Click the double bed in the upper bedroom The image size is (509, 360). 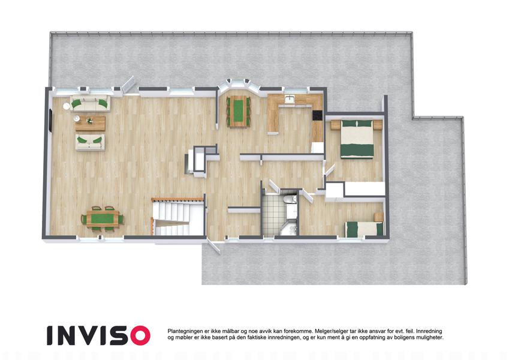tap(357, 139)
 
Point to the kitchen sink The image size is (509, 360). tap(289, 99)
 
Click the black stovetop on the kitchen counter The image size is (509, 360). tap(318, 116)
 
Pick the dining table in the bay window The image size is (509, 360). tap(239, 111)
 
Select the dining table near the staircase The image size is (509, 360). tap(103, 218)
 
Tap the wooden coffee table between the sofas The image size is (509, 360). tap(91, 123)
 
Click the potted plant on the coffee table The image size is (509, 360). tap(89, 121)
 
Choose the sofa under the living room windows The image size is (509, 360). tap(90, 103)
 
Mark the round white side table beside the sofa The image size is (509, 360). tap(67, 106)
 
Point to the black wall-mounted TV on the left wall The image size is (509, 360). tap(50, 121)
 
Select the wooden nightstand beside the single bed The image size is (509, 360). tap(378, 217)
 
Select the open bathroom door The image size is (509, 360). tap(274, 187)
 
